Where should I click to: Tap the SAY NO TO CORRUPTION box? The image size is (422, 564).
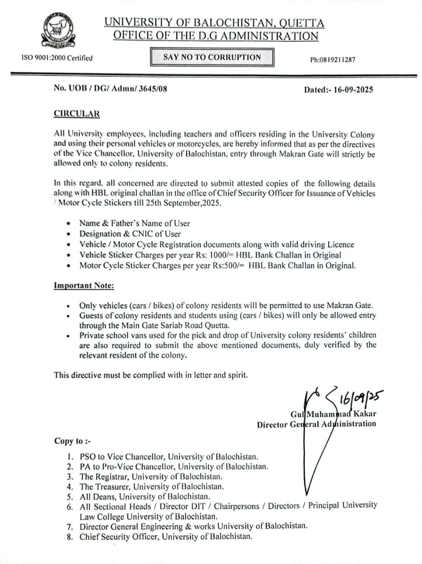[x=212, y=57]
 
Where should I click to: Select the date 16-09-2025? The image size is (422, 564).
[x=353, y=89]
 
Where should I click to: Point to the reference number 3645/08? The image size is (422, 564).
[x=153, y=88]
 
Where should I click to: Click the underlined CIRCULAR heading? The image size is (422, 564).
[x=77, y=114]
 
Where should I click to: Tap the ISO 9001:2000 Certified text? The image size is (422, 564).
[x=57, y=58]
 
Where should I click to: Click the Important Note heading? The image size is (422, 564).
[x=84, y=286]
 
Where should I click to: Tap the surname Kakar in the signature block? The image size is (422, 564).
[x=364, y=414]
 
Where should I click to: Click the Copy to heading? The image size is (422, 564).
[x=72, y=441]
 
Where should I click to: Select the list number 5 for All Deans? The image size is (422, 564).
[x=70, y=497]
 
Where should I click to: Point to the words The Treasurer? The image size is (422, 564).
[x=105, y=487]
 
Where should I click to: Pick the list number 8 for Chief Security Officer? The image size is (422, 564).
[x=70, y=537]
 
